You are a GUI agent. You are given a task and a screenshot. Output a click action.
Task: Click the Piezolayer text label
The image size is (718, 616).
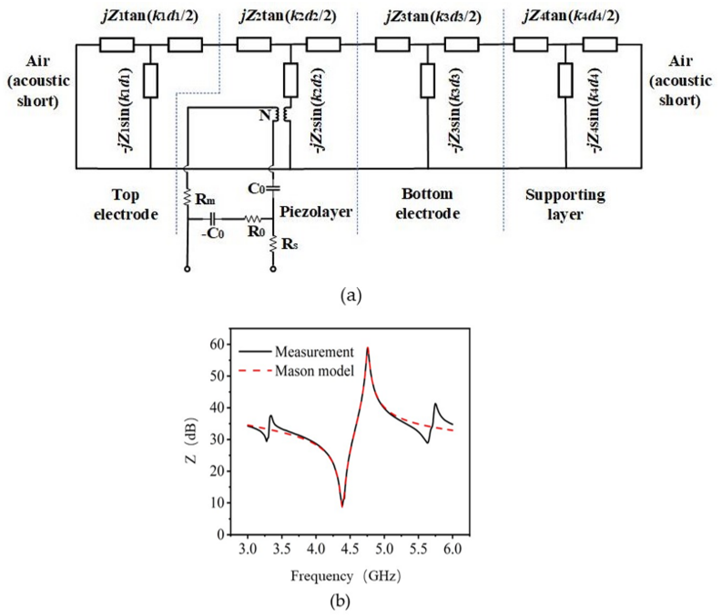[x=316, y=211]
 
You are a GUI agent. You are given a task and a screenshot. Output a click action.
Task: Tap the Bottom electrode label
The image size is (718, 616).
[x=428, y=204]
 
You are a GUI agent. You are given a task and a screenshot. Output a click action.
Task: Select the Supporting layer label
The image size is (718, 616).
[x=565, y=205]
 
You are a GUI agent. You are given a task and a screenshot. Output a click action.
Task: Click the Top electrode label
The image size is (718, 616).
[x=126, y=205]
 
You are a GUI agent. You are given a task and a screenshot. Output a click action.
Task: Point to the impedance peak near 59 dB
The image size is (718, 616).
[x=368, y=348]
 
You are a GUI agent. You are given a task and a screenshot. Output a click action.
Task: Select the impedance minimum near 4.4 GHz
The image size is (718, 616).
[x=342, y=507]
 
